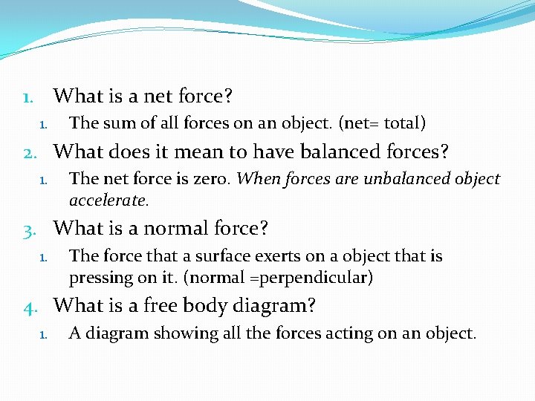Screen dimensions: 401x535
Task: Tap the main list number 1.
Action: click(27, 97)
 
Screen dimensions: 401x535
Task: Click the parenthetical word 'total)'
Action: click(405, 123)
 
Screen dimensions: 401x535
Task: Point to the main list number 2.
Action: click(29, 153)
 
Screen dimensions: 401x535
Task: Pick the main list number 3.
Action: click(29, 227)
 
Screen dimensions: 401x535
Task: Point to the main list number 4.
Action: click(29, 305)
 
